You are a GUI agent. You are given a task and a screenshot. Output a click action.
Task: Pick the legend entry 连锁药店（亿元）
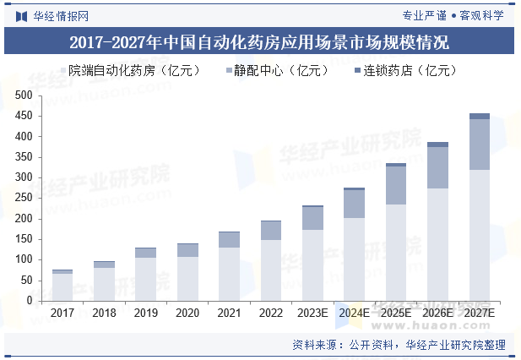pyautogui.click(x=406, y=71)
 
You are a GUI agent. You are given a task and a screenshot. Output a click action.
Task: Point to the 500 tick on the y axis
pyautogui.click(x=24, y=95)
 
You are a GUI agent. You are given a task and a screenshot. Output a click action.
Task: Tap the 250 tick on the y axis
pyautogui.click(x=24, y=198)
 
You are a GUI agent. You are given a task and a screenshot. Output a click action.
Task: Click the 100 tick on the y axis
pyautogui.click(x=24, y=259)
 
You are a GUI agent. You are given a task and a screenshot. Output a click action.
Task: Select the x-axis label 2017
pyautogui.click(x=62, y=314)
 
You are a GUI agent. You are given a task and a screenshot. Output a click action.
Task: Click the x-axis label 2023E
pyautogui.click(x=312, y=314)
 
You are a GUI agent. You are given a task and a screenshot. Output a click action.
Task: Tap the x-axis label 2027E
pyautogui.click(x=479, y=314)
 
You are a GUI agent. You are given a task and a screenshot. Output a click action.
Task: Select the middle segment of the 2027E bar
pyautogui.click(x=479, y=145)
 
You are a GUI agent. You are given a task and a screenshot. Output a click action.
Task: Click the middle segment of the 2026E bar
pyautogui.click(x=437, y=167)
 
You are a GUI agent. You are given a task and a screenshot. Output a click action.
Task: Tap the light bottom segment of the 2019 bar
pyautogui.click(x=145, y=279)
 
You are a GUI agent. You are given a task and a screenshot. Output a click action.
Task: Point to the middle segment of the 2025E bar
pyautogui.click(x=395, y=185)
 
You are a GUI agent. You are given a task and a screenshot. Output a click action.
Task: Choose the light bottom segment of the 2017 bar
pyautogui.click(x=62, y=286)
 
